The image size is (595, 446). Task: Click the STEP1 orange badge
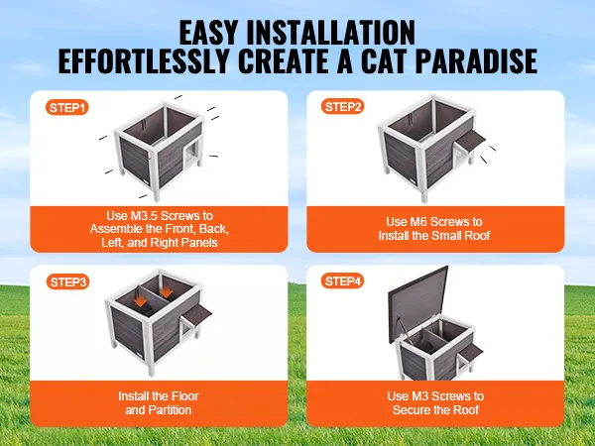(x=67, y=108)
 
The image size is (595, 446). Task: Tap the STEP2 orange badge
(x=342, y=107)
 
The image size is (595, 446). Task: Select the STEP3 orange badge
(x=67, y=282)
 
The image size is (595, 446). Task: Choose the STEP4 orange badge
(x=342, y=281)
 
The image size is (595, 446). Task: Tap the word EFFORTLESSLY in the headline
(x=144, y=60)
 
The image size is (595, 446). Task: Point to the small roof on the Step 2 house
(x=471, y=140)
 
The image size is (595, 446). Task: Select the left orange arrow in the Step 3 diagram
(x=140, y=299)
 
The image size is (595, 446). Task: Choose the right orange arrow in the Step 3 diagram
(x=166, y=290)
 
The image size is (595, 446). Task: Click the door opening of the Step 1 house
(x=189, y=157)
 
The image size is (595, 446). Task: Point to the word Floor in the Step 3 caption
(x=185, y=396)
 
